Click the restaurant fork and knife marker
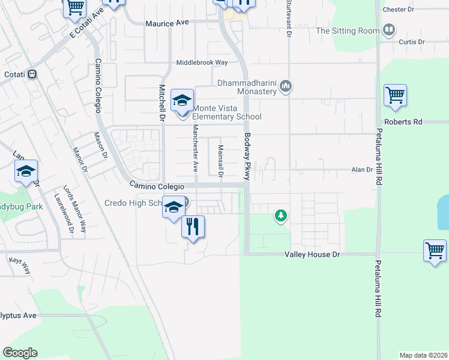pyautogui.click(x=193, y=227)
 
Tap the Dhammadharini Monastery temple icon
pyautogui.click(x=286, y=87)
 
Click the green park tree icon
pyautogui.click(x=280, y=215)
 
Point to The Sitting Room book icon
pyautogui.click(x=389, y=30)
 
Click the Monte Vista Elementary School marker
pyautogui.click(x=182, y=101)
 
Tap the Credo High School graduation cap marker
pyautogui.click(x=173, y=208)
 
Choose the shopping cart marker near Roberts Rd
pyautogui.click(x=395, y=95)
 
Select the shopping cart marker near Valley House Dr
pyautogui.click(x=435, y=250)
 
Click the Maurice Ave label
pyautogui.click(x=167, y=22)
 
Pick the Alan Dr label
pyautogui.click(x=362, y=170)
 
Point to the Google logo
pyautogui.click(x=20, y=353)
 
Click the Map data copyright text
pyautogui.click(x=424, y=355)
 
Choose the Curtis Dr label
pyautogui.click(x=412, y=42)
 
